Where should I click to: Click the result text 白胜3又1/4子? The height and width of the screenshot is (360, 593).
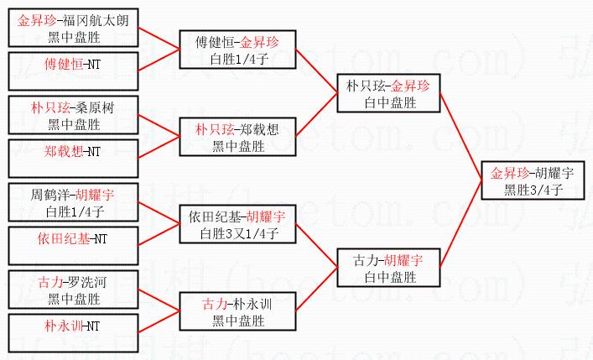tap(238, 233)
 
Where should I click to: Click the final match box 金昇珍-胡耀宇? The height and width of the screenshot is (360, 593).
tap(533, 181)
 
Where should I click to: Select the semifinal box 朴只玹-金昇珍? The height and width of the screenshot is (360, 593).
tap(389, 93)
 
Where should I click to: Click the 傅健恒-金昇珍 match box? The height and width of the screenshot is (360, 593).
tap(238, 50)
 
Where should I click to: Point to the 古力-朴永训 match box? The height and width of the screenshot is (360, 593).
tap(238, 311)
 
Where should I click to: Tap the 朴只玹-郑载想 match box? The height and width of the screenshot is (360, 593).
tap(238, 137)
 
